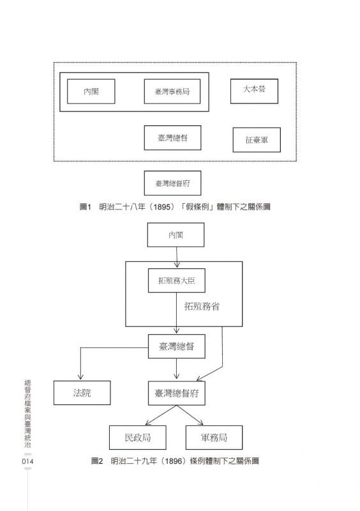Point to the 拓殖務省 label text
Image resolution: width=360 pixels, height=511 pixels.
point(202,307)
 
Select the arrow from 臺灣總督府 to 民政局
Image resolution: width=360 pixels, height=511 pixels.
point(161,415)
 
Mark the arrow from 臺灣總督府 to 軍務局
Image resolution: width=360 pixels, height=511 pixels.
point(190,415)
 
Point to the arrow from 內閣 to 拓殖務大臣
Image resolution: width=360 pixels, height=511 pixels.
point(177,257)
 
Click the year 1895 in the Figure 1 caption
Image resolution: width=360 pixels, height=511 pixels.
point(161,207)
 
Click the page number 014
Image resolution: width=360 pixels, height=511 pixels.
point(27,461)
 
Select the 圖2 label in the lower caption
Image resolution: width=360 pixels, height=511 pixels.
point(97,461)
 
